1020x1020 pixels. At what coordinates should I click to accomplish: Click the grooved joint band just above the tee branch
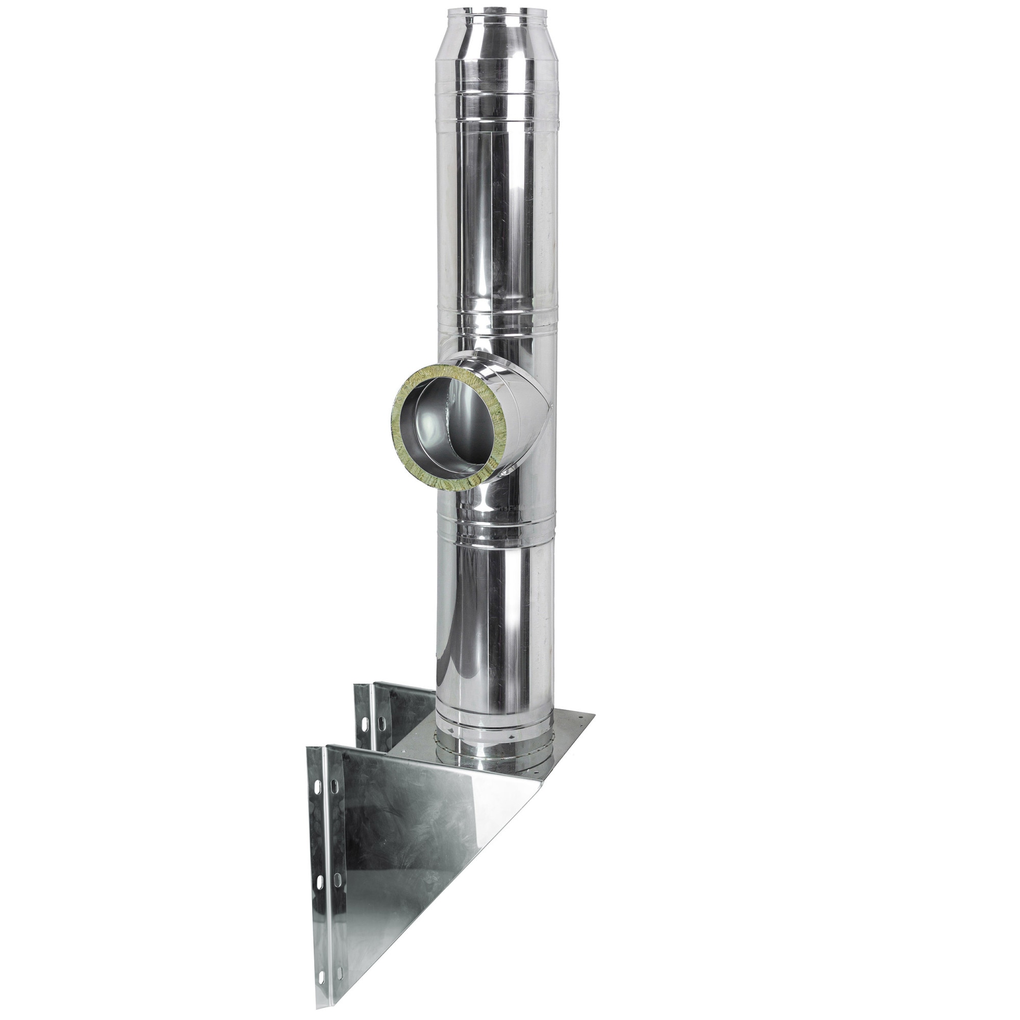(496, 322)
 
